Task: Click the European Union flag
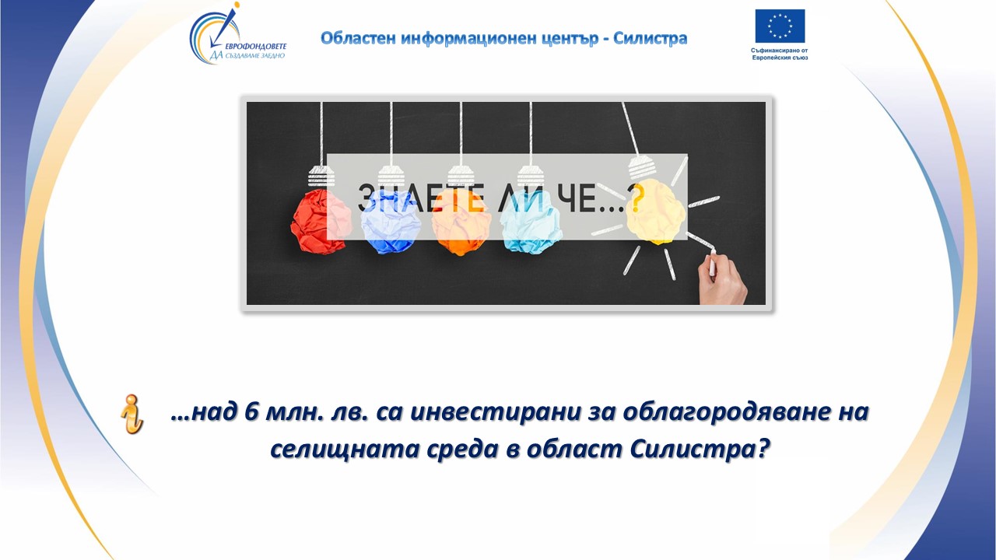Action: point(780,26)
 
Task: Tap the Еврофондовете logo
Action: point(238,33)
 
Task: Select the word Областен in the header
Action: point(359,39)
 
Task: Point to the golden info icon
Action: point(132,414)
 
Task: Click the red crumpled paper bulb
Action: point(318,220)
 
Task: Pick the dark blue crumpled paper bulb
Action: point(388,222)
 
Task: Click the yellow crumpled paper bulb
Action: point(655,212)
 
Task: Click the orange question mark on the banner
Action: point(637,198)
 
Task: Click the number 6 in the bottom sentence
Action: point(252,412)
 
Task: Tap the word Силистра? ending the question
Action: point(700,450)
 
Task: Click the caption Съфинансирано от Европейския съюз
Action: point(780,54)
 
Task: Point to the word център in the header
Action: point(570,39)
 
